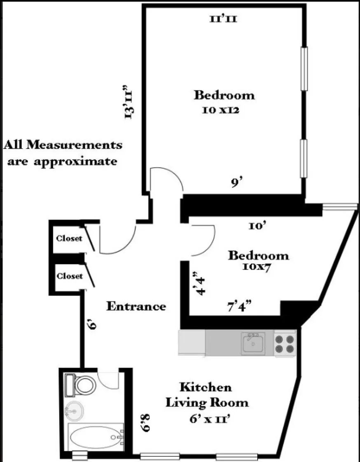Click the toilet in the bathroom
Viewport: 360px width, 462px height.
[x=84, y=385]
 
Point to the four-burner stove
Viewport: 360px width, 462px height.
[x=285, y=343]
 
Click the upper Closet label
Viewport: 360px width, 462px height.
[x=69, y=238]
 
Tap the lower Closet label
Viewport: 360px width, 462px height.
[x=69, y=276]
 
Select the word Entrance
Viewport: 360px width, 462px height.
[x=136, y=306]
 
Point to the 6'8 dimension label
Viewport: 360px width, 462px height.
[x=145, y=423]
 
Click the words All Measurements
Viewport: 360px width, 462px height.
[x=63, y=145]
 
